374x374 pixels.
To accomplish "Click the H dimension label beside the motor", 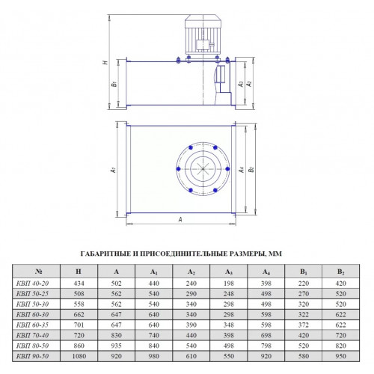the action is pos(106,61).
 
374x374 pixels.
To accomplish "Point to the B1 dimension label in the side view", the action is pos(114,84).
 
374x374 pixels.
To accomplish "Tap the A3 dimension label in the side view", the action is pos(241,84).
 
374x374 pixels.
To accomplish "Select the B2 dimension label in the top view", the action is pos(251,169).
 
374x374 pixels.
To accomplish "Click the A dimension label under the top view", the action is pos(180,219).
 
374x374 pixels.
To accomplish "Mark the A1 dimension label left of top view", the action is pos(113,170).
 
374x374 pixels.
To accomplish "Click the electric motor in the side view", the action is pos(203,34).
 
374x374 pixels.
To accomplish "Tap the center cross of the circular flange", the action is pos(203,169).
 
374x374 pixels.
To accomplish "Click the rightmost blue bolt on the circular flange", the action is pos(227,169).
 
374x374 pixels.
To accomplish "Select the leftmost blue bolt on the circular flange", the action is pos(178,169).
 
